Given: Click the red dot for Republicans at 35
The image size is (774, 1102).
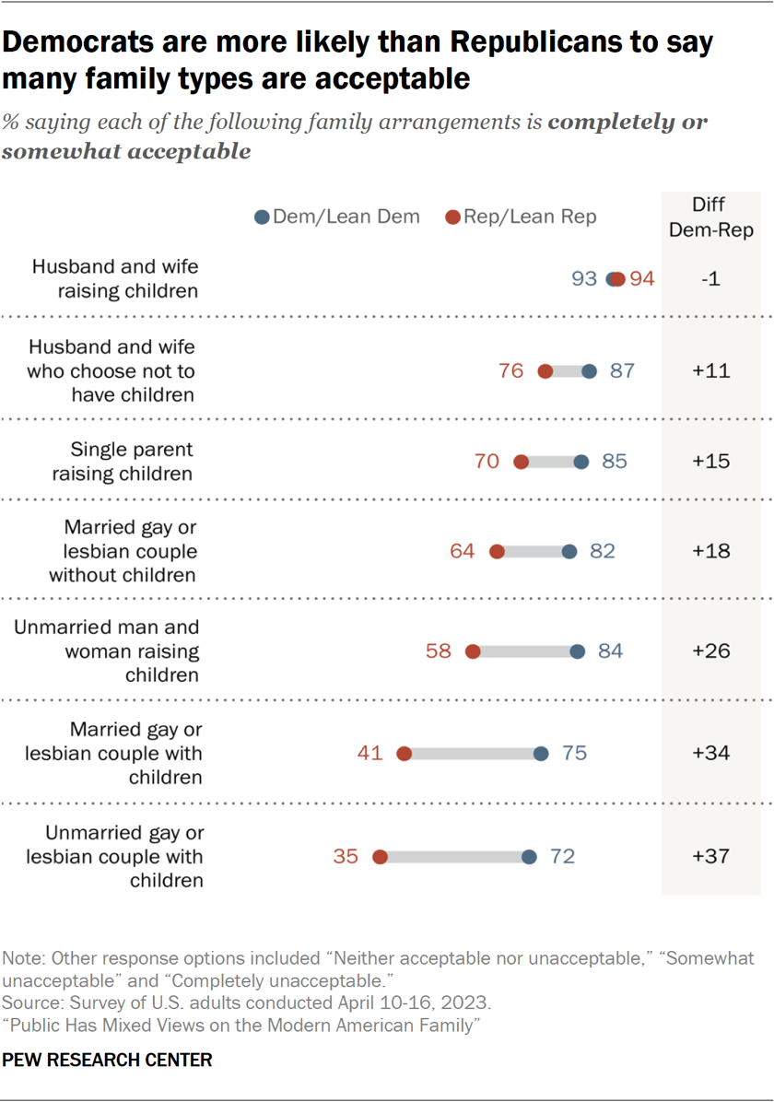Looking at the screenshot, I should tap(380, 857).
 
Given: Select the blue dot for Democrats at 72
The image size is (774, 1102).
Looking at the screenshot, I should tap(529, 857).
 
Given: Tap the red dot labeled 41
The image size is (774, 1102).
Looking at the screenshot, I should tap(404, 754).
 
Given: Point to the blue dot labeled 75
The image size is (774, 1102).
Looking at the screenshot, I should tap(541, 754).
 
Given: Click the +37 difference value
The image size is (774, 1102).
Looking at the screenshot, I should tap(710, 857).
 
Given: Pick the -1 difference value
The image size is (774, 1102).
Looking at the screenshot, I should tap(710, 279).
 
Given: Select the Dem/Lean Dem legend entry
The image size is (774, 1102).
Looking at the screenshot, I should tap(337, 217).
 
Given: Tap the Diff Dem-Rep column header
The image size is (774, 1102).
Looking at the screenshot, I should tap(710, 218).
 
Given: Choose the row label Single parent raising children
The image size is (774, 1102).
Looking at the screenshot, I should tap(132, 462).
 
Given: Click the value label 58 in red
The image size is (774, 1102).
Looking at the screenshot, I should tap(439, 651).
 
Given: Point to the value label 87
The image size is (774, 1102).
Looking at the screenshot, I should tap(623, 371).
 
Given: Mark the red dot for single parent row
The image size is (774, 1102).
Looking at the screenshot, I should tap(521, 462).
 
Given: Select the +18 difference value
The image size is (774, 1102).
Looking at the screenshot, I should tap(710, 551).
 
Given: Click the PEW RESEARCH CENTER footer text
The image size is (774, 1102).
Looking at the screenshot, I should tap(107, 1061).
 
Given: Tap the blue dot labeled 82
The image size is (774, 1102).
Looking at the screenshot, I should tap(569, 551).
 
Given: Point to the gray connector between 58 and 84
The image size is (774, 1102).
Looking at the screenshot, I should tap(525, 651).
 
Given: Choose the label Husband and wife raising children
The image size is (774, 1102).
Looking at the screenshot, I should tap(115, 279).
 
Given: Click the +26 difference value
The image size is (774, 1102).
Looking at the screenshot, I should tap(710, 651).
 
